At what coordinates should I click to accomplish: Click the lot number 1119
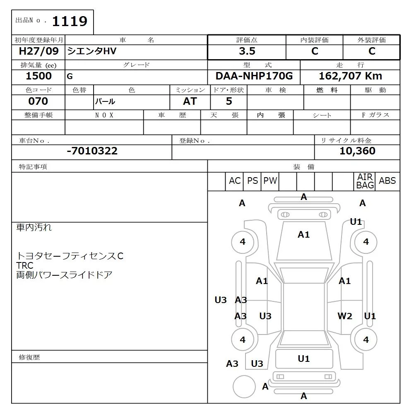pos(69,21)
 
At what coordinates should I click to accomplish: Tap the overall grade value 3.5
pos(247,51)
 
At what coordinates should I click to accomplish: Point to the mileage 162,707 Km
pos(350,76)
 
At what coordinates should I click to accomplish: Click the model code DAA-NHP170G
pos(254,76)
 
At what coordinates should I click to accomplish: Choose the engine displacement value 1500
pos(39,76)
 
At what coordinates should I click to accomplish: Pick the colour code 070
pos(38,101)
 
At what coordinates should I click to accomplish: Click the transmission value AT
pos(190,101)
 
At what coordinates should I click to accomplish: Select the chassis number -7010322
pos(92,151)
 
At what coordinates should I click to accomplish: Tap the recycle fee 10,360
pos(357,151)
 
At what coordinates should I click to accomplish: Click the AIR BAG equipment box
pos(365,181)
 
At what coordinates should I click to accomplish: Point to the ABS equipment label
pos(388,181)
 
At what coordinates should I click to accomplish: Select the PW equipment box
pos(270,181)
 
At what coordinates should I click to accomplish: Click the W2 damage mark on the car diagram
pos(344,316)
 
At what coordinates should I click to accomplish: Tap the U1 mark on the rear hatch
pos(303,359)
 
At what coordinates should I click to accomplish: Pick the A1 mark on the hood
pos(303,235)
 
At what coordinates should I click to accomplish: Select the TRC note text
pos(25,265)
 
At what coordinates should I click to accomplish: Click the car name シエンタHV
pos(92,51)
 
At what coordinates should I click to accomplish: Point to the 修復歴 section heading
pos(29,357)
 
